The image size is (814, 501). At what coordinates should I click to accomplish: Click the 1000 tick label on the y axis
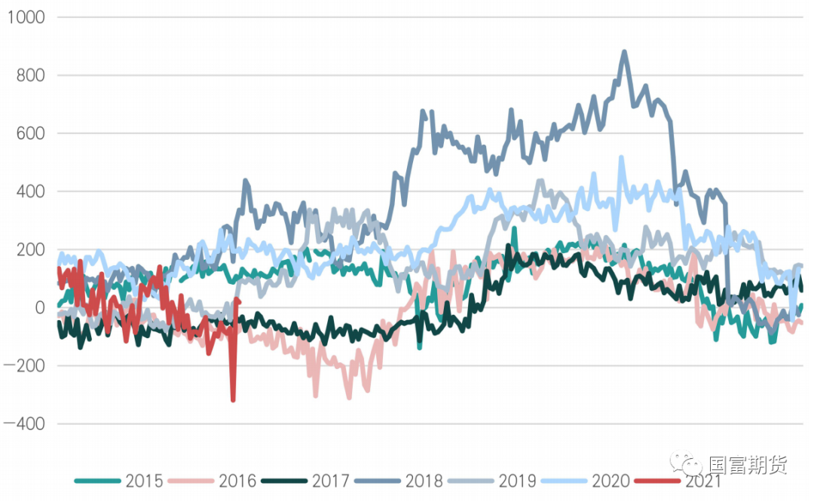click(24, 17)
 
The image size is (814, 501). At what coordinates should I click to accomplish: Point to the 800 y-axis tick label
click(28, 75)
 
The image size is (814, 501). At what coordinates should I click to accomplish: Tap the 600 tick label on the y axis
click(28, 133)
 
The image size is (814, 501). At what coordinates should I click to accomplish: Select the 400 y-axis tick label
click(28, 191)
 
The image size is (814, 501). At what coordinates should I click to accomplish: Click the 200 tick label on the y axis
click(28, 249)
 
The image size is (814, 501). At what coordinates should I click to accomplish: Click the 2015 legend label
click(145, 481)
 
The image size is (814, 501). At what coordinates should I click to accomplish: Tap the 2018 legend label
click(424, 481)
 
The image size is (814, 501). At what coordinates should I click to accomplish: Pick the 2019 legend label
click(517, 481)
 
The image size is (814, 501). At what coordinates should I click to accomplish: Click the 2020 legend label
click(610, 481)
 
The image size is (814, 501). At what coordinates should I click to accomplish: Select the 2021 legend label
click(702, 481)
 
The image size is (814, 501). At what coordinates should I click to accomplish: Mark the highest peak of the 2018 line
click(624, 52)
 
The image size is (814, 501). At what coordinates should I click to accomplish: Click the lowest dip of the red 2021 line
click(233, 400)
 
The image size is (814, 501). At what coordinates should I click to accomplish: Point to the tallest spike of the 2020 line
click(622, 157)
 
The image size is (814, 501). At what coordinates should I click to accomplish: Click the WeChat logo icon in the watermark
click(687, 463)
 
